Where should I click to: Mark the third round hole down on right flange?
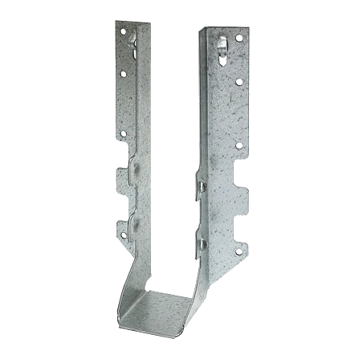[x=239, y=145]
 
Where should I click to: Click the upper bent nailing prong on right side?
[x=202, y=186]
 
